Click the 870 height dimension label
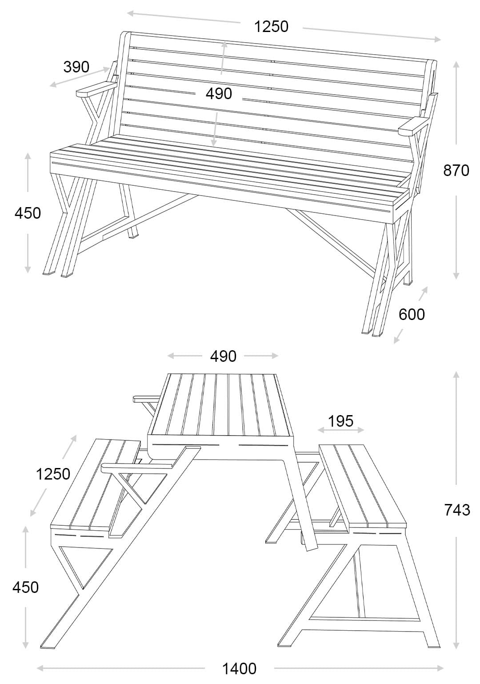click(x=456, y=170)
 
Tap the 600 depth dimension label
click(x=412, y=314)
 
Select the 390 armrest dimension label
click(x=76, y=67)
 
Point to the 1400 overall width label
click(x=239, y=668)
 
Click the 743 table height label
click(x=457, y=510)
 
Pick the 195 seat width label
click(x=341, y=421)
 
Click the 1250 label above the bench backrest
click(x=271, y=27)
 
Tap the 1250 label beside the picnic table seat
click(x=53, y=474)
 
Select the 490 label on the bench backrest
click(x=219, y=94)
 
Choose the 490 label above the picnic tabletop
click(x=223, y=356)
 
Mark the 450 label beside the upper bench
click(x=28, y=213)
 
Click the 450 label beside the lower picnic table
click(x=25, y=587)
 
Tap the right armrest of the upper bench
click(x=412, y=126)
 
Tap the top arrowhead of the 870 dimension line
click(x=456, y=64)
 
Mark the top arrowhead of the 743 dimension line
click(x=456, y=374)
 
